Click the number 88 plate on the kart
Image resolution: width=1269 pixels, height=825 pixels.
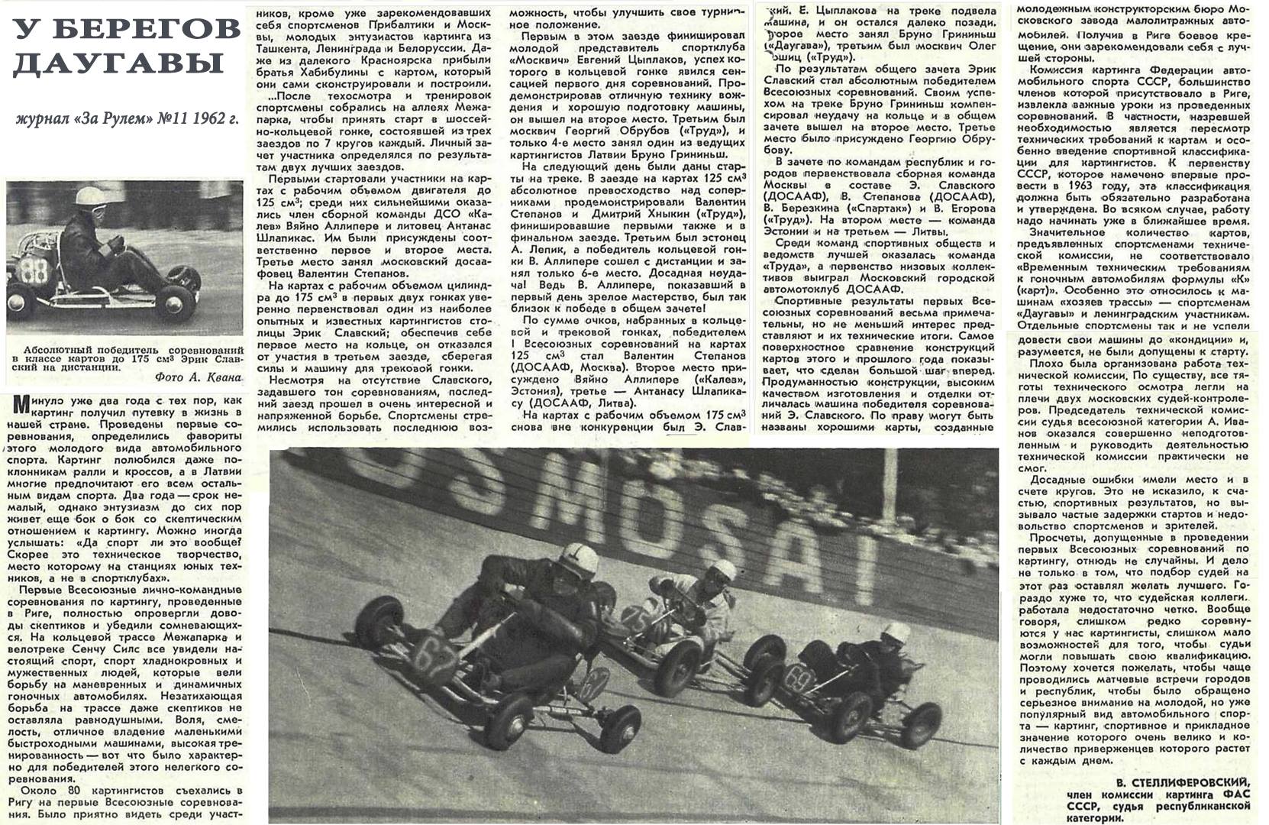coord(34,271)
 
